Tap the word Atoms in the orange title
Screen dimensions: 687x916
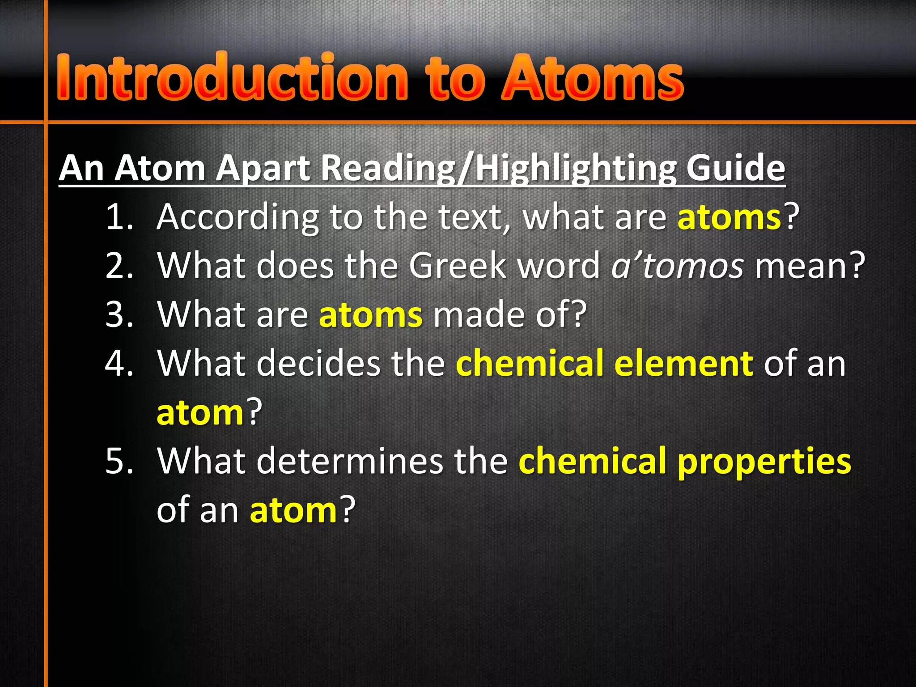(x=592, y=77)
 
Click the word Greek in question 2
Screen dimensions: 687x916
(x=458, y=266)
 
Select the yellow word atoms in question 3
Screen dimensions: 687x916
(x=370, y=315)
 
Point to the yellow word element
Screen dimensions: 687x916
(x=684, y=364)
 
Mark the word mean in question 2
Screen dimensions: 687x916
(x=801, y=266)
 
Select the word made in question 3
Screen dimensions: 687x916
(x=479, y=315)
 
